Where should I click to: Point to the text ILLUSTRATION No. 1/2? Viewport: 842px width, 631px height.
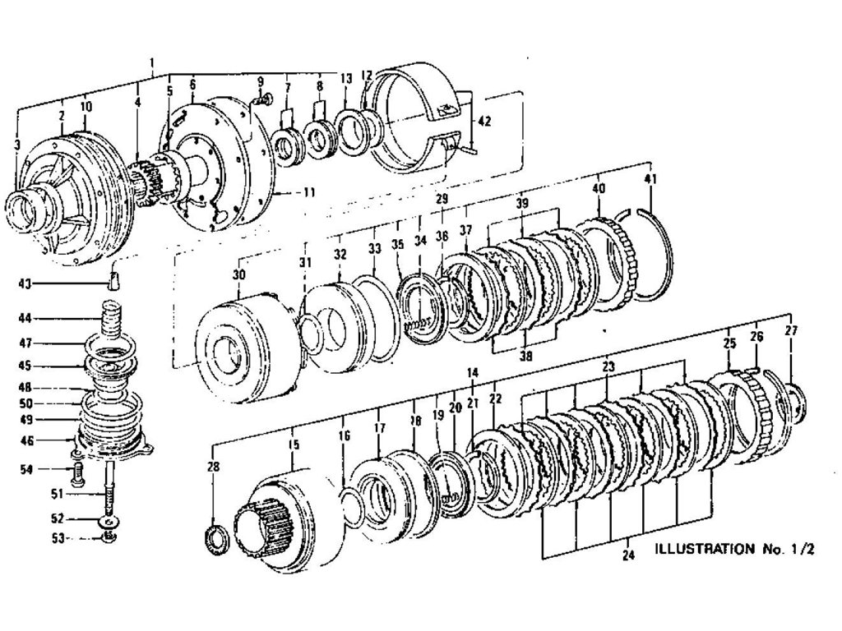coord(733,549)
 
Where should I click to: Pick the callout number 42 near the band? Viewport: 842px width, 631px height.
coord(484,121)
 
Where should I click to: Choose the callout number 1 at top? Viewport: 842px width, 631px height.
coord(153,62)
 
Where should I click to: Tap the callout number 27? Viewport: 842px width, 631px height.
coord(791,330)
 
